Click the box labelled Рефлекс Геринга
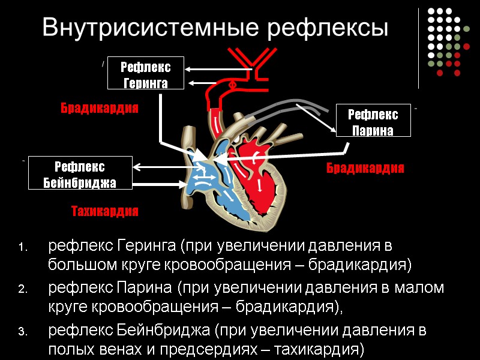pyautogui.click(x=146, y=75)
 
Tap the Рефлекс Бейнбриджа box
pyautogui.click(x=80, y=173)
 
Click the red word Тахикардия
pyautogui.click(x=105, y=211)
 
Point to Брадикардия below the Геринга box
pyautogui.click(x=100, y=109)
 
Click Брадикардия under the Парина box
pyautogui.click(x=365, y=168)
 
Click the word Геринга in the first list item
pyautogui.click(x=148, y=245)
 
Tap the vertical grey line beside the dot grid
pyautogui.click(x=418, y=45)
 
